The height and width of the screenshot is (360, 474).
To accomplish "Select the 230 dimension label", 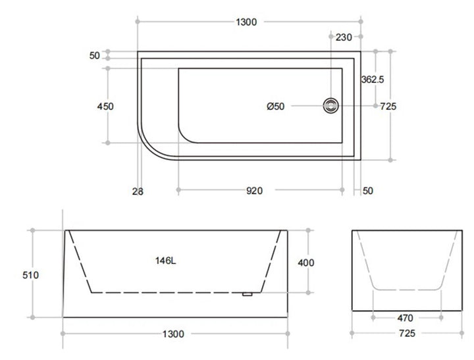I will pyautogui.click(x=344, y=38).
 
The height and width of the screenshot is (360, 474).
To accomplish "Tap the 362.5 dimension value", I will pyautogui.click(x=373, y=79).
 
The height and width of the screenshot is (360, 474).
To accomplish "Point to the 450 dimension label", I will pyautogui.click(x=105, y=106).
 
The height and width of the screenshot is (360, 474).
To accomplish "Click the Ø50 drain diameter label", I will pyautogui.click(x=275, y=107).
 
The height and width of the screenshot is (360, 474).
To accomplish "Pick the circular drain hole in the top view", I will pyautogui.click(x=330, y=105).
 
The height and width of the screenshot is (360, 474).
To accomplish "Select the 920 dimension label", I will pyautogui.click(x=255, y=191).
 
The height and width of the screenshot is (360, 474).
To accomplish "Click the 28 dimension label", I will pyautogui.click(x=137, y=192).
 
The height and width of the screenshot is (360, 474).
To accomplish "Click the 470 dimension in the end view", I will pyautogui.click(x=406, y=317).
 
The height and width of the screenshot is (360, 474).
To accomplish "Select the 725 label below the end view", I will pyautogui.click(x=406, y=334).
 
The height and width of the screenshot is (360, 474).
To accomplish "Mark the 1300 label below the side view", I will pyautogui.click(x=174, y=334).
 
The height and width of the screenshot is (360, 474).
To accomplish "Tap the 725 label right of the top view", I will pyautogui.click(x=388, y=106).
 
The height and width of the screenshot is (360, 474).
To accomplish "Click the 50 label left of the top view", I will pyautogui.click(x=94, y=56).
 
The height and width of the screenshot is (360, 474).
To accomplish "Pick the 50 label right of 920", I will pyautogui.click(x=367, y=191).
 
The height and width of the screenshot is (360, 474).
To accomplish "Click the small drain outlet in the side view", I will pyautogui.click(x=248, y=294).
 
